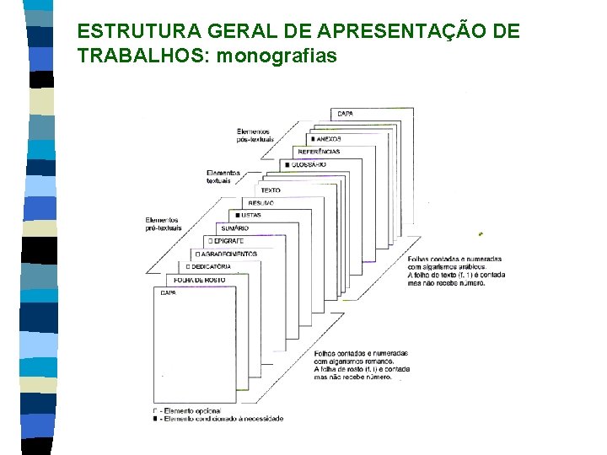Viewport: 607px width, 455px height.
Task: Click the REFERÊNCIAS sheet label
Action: pos(319,152)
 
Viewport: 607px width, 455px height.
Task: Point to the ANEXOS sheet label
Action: pos(327,138)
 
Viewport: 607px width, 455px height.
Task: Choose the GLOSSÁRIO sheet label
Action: pos(308,164)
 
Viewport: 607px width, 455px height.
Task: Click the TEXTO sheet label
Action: pos(271,190)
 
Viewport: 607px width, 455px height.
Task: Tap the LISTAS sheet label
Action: pos(250,215)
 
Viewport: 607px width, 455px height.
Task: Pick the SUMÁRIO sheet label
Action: pos(234,228)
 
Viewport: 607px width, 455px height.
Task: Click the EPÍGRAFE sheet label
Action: pos(224,241)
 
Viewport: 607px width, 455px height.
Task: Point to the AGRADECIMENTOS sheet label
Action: pos(228,254)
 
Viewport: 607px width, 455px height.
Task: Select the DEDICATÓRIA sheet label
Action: pos(210,266)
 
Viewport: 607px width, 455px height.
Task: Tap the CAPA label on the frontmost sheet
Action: pos(168,292)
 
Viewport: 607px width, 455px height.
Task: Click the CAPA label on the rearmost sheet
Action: pos(345,114)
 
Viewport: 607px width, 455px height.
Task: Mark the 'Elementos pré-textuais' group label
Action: pos(163,224)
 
